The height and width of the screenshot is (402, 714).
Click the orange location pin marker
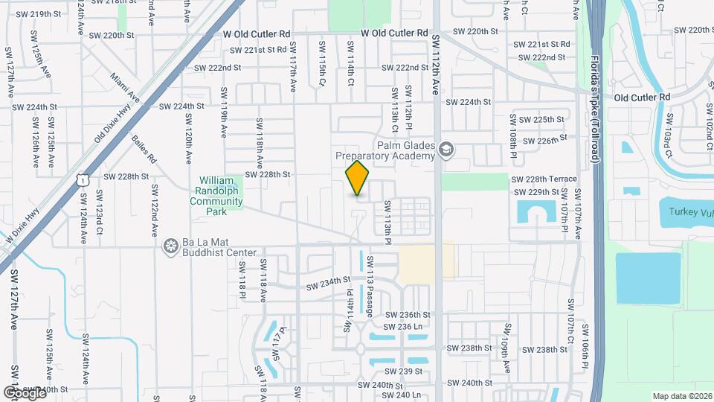pyautogui.click(x=358, y=178)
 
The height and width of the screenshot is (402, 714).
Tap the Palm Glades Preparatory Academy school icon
pyautogui.click(x=446, y=150)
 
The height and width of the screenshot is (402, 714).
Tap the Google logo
pyautogui.click(x=24, y=392)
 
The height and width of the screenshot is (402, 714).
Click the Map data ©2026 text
pyautogui.click(x=681, y=396)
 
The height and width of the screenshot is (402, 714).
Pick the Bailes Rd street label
pyautogui.click(x=144, y=148)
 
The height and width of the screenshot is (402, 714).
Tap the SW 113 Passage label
pyautogui.click(x=369, y=291)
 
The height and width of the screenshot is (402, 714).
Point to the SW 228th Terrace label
pyautogui.click(x=544, y=179)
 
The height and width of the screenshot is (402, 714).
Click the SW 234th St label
pyautogui.click(x=328, y=283)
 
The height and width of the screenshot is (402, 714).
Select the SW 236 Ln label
pyautogui.click(x=402, y=327)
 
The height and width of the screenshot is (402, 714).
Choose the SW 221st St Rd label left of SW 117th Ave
pyautogui.click(x=257, y=51)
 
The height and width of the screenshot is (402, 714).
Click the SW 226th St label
pyautogui.click(x=547, y=138)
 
